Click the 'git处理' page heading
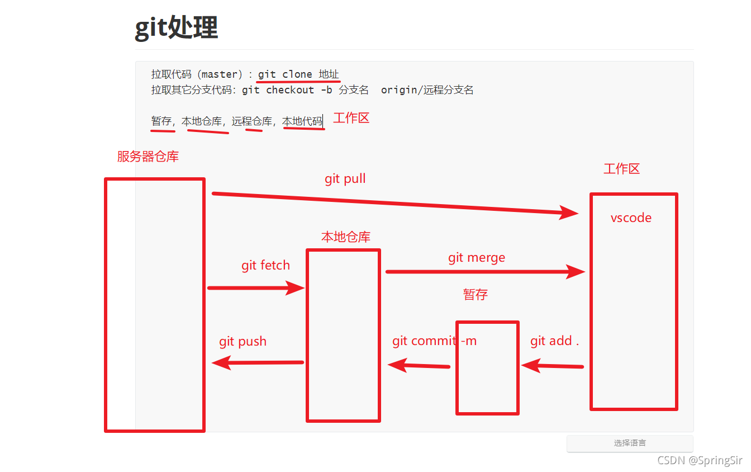coord(176,27)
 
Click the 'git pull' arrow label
coord(345,179)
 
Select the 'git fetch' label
coord(265,265)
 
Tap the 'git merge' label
coord(476,257)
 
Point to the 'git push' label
coord(243,342)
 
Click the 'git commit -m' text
coord(434,341)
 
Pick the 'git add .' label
coord(554,341)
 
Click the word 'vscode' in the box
coord(631,218)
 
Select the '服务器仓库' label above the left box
coord(148,157)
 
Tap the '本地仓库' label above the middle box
coord(345,237)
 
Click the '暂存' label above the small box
coord(475,295)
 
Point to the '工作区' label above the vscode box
coord(621,169)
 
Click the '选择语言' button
coord(630,443)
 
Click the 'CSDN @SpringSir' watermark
coord(700,460)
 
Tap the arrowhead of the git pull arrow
coord(571,213)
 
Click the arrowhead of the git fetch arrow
coord(296,288)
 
